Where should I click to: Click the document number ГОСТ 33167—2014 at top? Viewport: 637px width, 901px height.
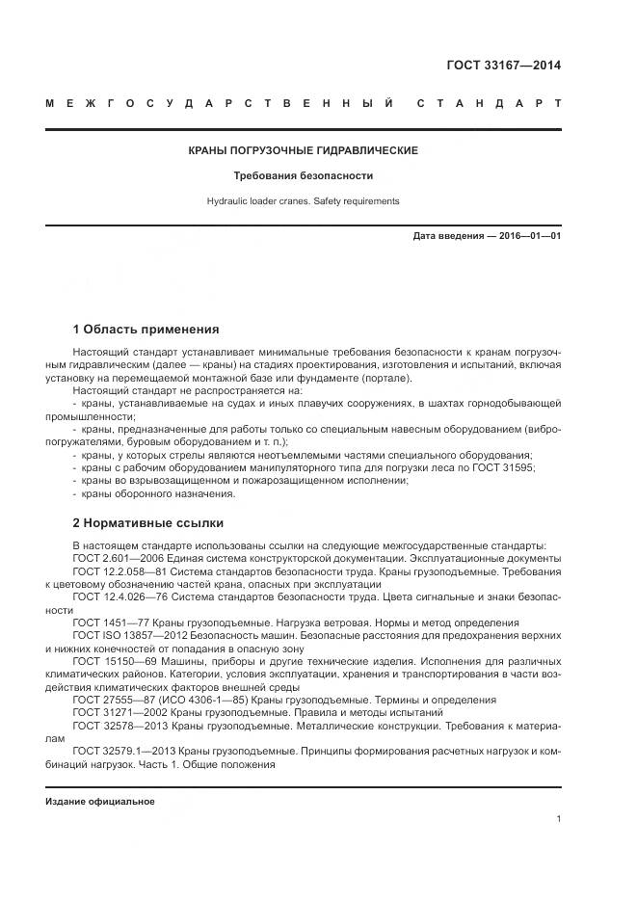tap(503, 66)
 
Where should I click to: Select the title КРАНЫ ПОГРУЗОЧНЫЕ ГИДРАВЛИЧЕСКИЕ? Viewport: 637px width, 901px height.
tap(303, 151)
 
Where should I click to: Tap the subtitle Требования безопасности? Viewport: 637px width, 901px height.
tap(303, 176)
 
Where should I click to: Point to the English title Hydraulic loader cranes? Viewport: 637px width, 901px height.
tap(303, 201)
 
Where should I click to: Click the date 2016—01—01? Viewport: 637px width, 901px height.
tap(527, 235)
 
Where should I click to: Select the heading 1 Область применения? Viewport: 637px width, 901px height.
tap(146, 329)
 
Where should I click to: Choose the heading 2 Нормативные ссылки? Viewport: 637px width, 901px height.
tap(148, 523)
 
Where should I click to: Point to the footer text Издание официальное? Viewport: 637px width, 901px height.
tap(99, 802)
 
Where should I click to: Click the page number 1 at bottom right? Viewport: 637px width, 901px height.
tap(558, 819)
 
